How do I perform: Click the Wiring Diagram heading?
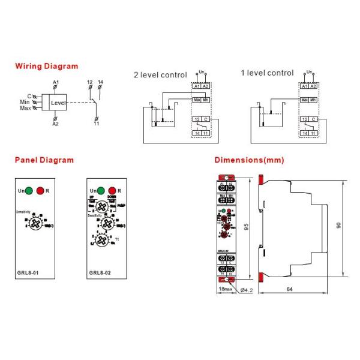(x=46, y=66)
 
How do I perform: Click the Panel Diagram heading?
(x=44, y=160)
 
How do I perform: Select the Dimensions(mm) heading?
(x=249, y=160)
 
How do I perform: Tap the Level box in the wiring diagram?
(x=58, y=103)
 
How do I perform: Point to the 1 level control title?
(x=267, y=73)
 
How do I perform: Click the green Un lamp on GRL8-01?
(x=29, y=190)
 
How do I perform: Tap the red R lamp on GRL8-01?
(x=41, y=190)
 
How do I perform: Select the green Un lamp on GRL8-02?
(x=100, y=190)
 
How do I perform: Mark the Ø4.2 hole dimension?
(x=247, y=290)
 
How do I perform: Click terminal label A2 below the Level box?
(x=55, y=124)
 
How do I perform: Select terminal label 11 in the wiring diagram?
(x=96, y=124)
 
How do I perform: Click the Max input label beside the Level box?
(x=25, y=109)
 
